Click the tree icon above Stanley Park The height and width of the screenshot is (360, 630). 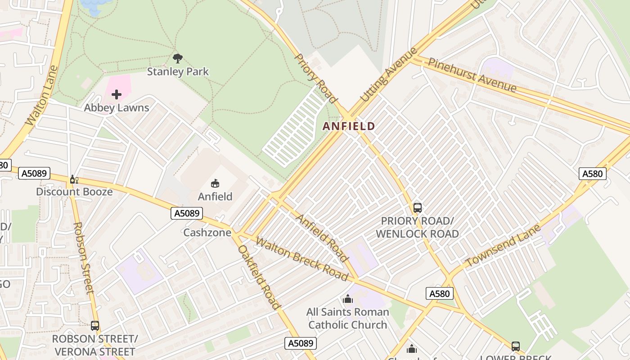(x=178, y=58)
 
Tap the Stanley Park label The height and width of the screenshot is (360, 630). (x=178, y=72)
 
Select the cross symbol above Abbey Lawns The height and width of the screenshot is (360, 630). (x=117, y=94)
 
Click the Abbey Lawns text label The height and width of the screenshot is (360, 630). (x=117, y=108)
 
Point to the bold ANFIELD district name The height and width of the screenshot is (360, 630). (x=349, y=126)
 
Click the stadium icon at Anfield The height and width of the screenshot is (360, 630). (x=215, y=183)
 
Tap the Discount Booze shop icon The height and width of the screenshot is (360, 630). (x=74, y=180)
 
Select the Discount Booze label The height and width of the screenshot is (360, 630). (x=74, y=192)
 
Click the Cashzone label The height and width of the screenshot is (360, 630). (x=207, y=233)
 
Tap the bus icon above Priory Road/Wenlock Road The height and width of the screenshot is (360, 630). (x=417, y=208)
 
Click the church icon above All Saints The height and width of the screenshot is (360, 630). (x=347, y=299)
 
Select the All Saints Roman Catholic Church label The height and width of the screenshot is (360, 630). (x=347, y=318)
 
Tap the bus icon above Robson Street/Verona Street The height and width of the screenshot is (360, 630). (x=94, y=326)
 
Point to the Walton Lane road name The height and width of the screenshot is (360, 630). (x=42, y=95)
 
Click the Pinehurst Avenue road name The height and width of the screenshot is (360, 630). (x=472, y=75)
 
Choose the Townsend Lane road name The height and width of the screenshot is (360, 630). (x=503, y=246)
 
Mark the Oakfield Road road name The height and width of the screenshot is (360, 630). (x=259, y=277)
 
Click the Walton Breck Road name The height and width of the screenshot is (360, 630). (x=301, y=258)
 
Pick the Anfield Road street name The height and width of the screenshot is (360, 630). (x=321, y=238)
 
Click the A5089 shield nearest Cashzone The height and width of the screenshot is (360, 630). (x=187, y=213)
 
